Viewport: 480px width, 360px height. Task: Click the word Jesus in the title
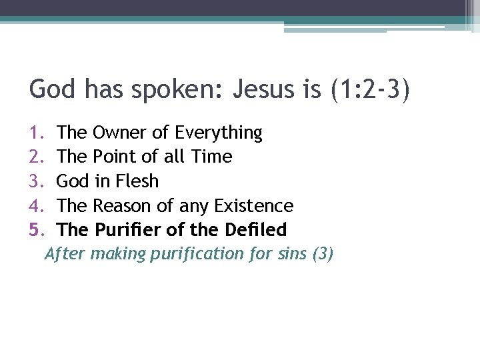coord(265,89)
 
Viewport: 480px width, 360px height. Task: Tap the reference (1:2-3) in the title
coord(369,89)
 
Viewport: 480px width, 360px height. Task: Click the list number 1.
coord(35,133)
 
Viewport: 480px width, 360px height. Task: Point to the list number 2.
coord(35,157)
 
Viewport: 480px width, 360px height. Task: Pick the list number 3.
coord(35,181)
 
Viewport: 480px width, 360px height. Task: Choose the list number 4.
coord(35,205)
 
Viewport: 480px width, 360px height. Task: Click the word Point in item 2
coord(115,157)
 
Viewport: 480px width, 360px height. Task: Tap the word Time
coord(211,157)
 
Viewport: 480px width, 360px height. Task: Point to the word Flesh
coord(136,181)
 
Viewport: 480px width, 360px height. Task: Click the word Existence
coord(253,205)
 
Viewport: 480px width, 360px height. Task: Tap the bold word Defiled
coord(255,230)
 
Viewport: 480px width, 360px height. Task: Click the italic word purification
coord(198,254)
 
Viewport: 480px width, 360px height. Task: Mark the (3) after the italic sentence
coord(323,254)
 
